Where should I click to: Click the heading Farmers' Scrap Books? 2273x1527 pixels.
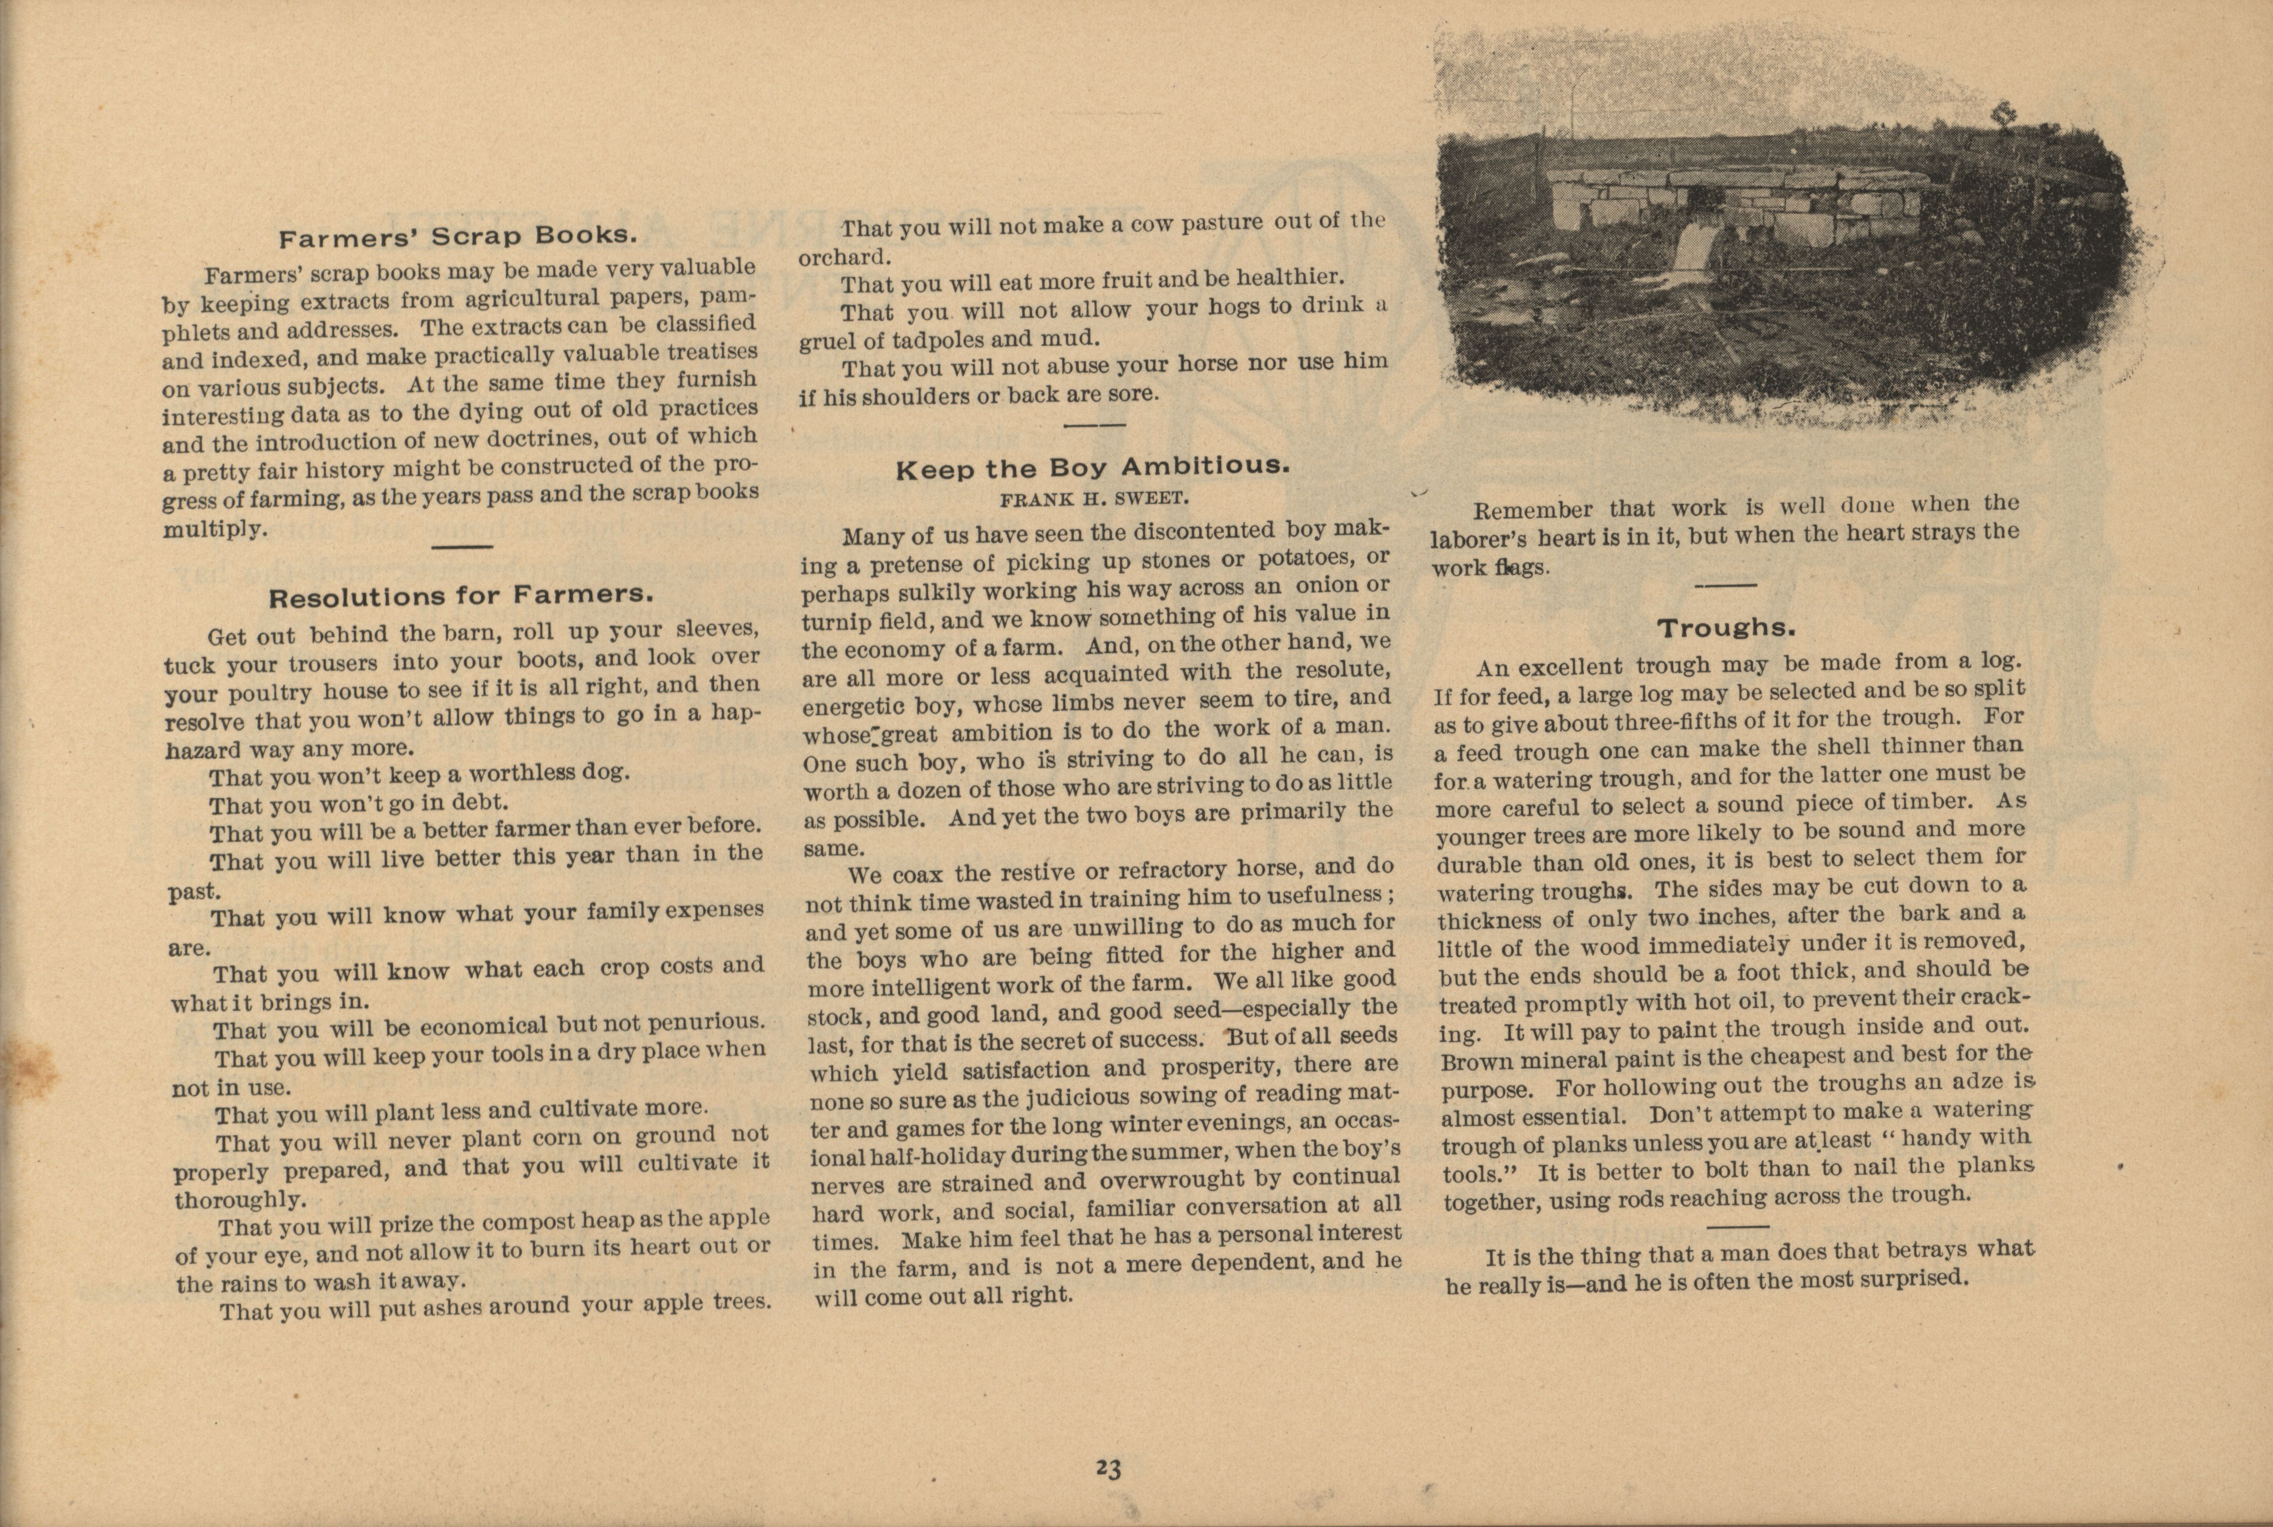click(x=458, y=236)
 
